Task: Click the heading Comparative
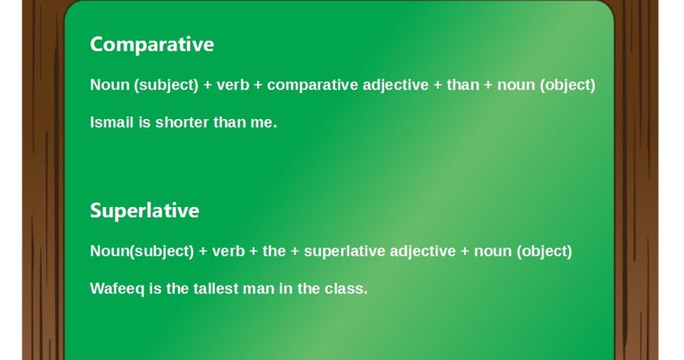[151, 44]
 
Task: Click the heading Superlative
[144, 210]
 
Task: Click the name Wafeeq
[117, 288]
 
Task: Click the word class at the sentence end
[346, 288]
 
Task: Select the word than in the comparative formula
[462, 85]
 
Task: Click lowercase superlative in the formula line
[344, 251]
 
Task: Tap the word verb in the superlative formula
[228, 251]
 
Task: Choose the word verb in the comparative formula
[233, 85]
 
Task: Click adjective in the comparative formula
[395, 85]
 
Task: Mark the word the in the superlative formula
[274, 251]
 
